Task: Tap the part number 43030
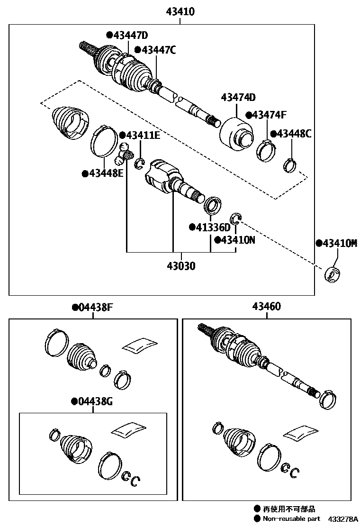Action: pyautogui.click(x=180, y=266)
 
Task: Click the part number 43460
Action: pyautogui.click(x=266, y=307)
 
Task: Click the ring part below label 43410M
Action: pyautogui.click(x=333, y=275)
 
